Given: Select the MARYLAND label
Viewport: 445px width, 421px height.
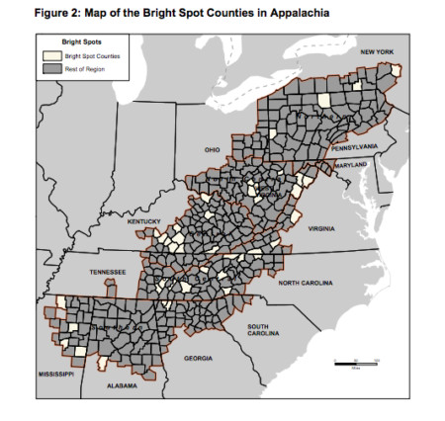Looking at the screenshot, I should pos(350,163).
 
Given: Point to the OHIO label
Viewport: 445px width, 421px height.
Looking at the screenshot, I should pos(212,150).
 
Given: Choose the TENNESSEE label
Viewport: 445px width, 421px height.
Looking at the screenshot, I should pos(107,271).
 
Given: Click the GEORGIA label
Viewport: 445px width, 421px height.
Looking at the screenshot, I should pos(198,358).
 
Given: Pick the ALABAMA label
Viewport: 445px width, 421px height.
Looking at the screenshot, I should pos(122,385).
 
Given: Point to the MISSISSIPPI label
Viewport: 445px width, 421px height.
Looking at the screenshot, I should pos(55,375).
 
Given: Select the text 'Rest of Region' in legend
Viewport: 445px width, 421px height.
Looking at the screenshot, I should pos(83,68).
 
